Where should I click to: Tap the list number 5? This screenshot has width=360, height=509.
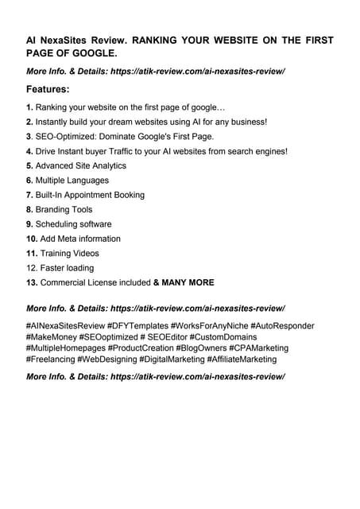point(30,165)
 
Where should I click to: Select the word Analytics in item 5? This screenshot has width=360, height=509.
point(106,165)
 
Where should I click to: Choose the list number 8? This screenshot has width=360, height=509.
point(30,209)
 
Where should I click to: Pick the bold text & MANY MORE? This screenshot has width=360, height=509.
point(184,282)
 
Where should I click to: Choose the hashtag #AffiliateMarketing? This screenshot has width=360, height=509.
point(242,359)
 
